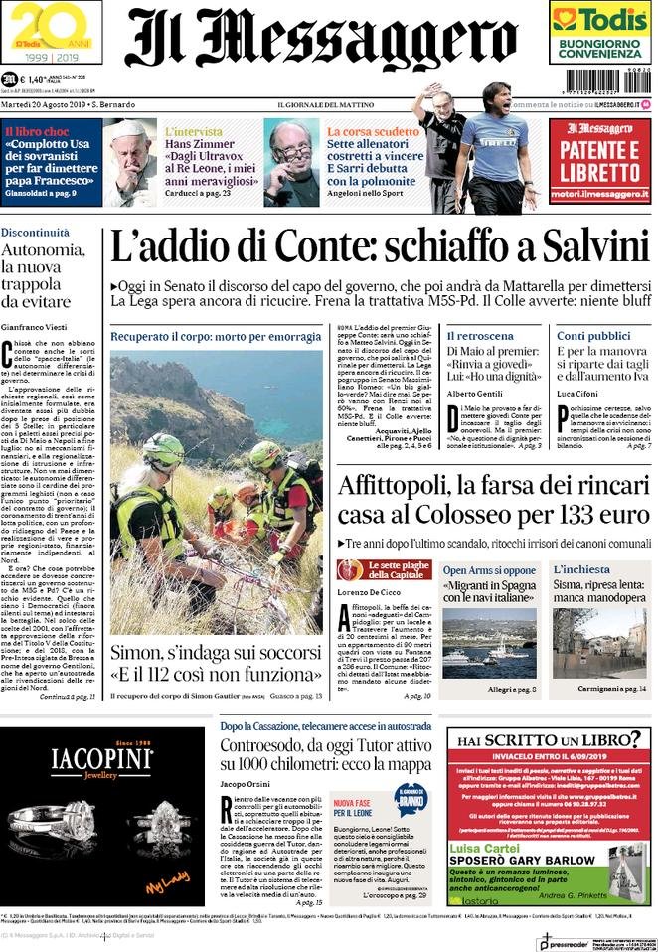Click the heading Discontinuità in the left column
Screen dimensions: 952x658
point(35,232)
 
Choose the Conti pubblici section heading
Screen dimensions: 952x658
point(585,336)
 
